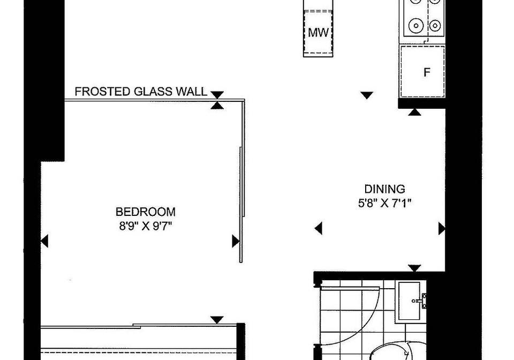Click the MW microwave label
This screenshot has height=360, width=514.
tap(318, 33)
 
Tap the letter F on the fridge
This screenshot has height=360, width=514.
tap(427, 72)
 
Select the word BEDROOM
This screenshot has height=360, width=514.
tap(146, 212)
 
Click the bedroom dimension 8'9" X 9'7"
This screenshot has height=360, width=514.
tap(146, 226)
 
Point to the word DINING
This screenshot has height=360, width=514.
tap(385, 189)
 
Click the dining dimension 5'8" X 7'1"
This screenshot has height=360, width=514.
tap(385, 204)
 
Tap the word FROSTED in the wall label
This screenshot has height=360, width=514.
tap(102, 92)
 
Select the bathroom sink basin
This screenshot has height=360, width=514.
tap(410, 301)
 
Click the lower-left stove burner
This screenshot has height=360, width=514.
tap(415, 25)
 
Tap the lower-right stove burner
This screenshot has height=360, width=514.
tap(435, 25)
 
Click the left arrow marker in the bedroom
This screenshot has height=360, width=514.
tap(44, 241)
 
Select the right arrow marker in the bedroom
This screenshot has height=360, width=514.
tap(236, 241)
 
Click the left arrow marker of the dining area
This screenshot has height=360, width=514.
tap(318, 228)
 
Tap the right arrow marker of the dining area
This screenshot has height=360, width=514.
tap(442, 229)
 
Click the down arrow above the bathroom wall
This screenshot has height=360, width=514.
tap(414, 268)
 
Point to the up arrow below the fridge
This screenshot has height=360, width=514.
tap(414, 112)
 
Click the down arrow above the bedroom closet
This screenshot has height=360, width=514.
tap(217, 319)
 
